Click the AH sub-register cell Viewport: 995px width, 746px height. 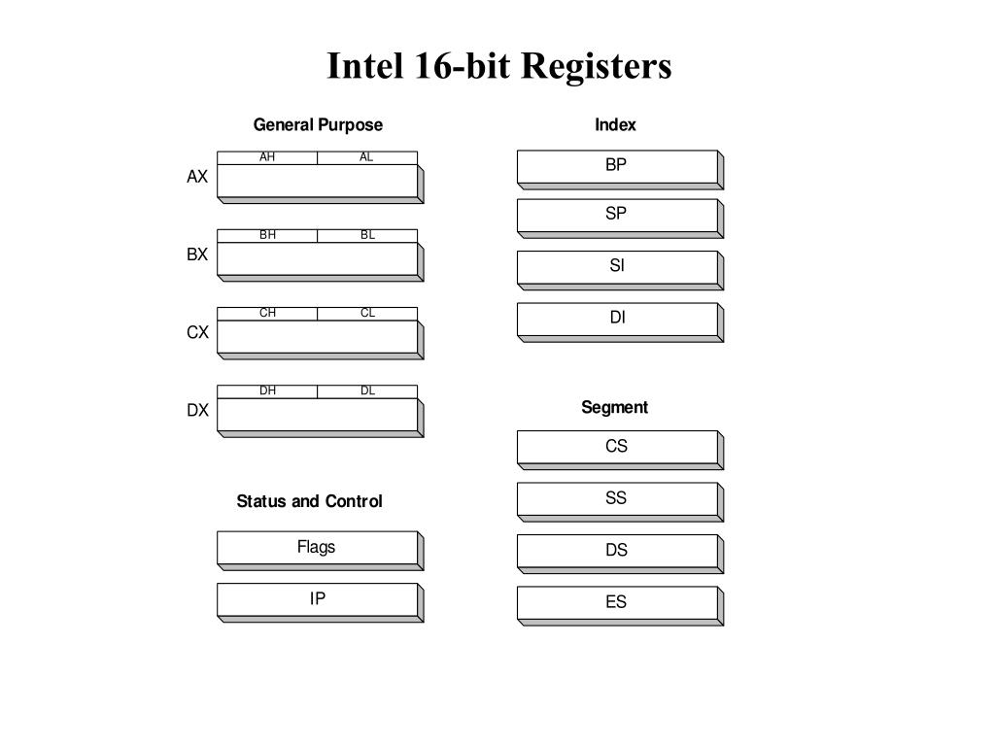(x=267, y=157)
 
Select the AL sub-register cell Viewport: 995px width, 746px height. (x=367, y=157)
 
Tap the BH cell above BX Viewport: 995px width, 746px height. (x=267, y=235)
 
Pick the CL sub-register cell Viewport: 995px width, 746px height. (x=367, y=313)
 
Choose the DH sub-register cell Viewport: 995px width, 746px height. (x=267, y=390)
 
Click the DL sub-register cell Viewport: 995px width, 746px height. (x=367, y=390)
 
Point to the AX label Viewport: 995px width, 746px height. (x=197, y=177)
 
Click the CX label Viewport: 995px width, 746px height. (x=197, y=332)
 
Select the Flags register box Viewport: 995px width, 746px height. (x=317, y=548)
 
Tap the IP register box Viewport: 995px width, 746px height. (x=317, y=599)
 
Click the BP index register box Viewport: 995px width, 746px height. (x=617, y=166)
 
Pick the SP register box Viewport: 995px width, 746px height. (x=617, y=215)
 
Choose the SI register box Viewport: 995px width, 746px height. (x=617, y=266)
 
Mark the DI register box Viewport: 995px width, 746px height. (x=617, y=319)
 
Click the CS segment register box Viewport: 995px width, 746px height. (x=617, y=447)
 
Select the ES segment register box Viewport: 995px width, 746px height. (x=617, y=602)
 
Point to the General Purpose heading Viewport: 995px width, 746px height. (x=318, y=124)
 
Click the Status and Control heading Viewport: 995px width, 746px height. (x=309, y=501)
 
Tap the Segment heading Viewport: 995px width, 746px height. (x=614, y=407)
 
